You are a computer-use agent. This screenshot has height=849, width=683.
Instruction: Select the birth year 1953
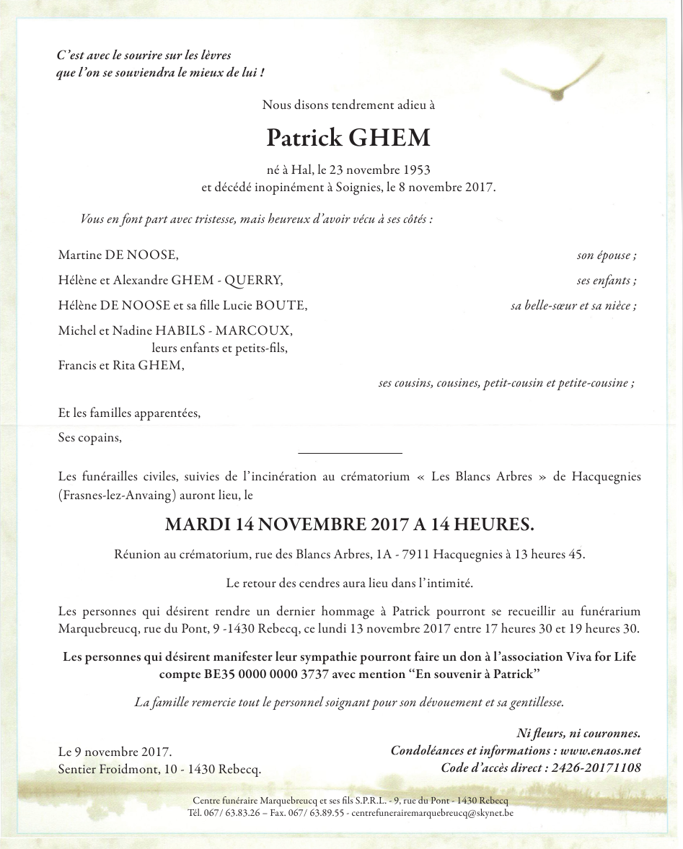(415, 170)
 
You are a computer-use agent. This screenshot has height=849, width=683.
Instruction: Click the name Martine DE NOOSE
(118, 255)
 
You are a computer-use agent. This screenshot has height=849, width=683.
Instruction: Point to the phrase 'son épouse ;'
(607, 255)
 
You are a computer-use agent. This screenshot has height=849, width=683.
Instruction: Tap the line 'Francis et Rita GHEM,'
(121, 365)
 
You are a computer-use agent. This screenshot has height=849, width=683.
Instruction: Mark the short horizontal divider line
(350, 453)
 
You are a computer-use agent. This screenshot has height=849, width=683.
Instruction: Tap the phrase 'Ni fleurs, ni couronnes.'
(578, 734)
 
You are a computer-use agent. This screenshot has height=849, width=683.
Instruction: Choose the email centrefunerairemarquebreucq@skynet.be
(431, 812)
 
